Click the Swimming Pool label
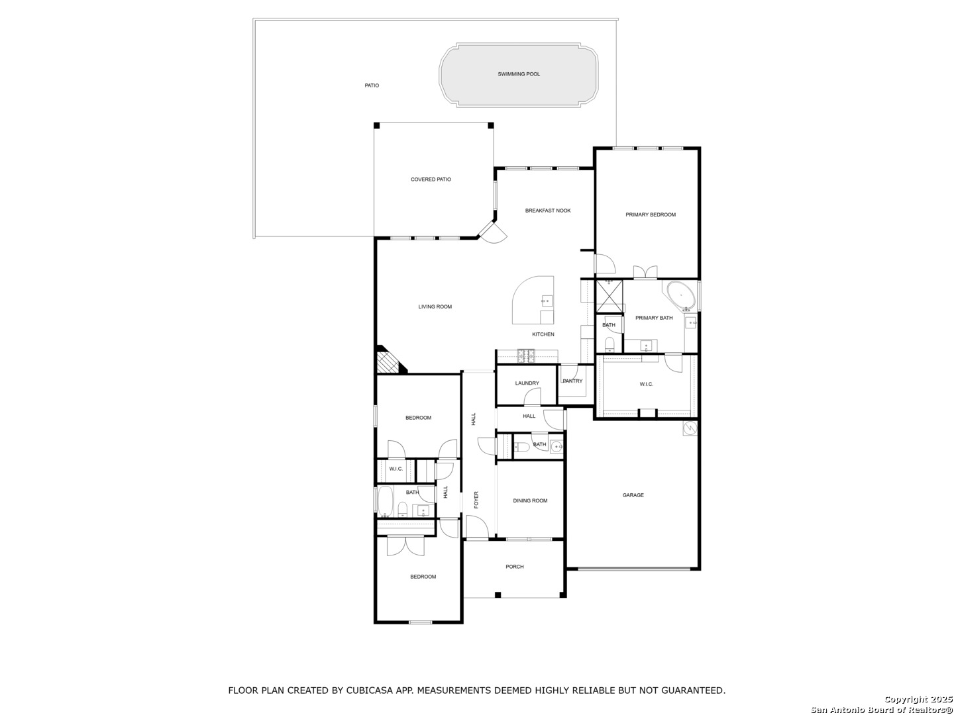(519, 74)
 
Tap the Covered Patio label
(431, 179)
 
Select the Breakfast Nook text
(548, 211)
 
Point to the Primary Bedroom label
(650, 215)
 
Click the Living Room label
(435, 307)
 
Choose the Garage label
(633, 495)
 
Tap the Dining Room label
(530, 501)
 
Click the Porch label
(515, 567)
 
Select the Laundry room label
(527, 383)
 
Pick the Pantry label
(572, 381)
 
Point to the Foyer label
(476, 500)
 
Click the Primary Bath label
(654, 318)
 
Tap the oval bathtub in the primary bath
(680, 296)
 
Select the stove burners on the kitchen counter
(526, 356)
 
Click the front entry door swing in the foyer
(477, 527)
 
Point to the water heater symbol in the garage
(690, 428)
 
